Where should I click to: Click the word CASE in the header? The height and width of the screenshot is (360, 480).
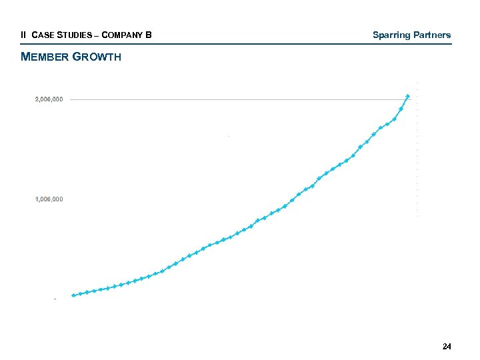[x=41, y=35]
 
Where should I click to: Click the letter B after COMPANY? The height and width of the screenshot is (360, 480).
[x=149, y=35]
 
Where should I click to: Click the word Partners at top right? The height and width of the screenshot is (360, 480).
[x=431, y=35]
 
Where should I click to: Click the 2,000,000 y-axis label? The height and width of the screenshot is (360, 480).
[x=49, y=99]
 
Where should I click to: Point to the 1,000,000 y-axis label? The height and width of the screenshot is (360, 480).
[x=49, y=199]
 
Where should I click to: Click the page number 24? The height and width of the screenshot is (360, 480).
[x=447, y=347]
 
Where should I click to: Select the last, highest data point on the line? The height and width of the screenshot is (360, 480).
[x=408, y=96]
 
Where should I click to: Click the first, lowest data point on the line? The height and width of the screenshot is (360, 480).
[x=73, y=295]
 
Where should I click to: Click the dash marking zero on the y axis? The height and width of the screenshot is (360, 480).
[x=55, y=299]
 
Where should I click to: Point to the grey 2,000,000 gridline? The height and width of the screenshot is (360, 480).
[x=233, y=99]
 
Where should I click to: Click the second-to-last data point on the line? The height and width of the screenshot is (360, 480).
[x=401, y=109]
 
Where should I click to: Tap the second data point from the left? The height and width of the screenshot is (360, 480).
[x=80, y=293]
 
